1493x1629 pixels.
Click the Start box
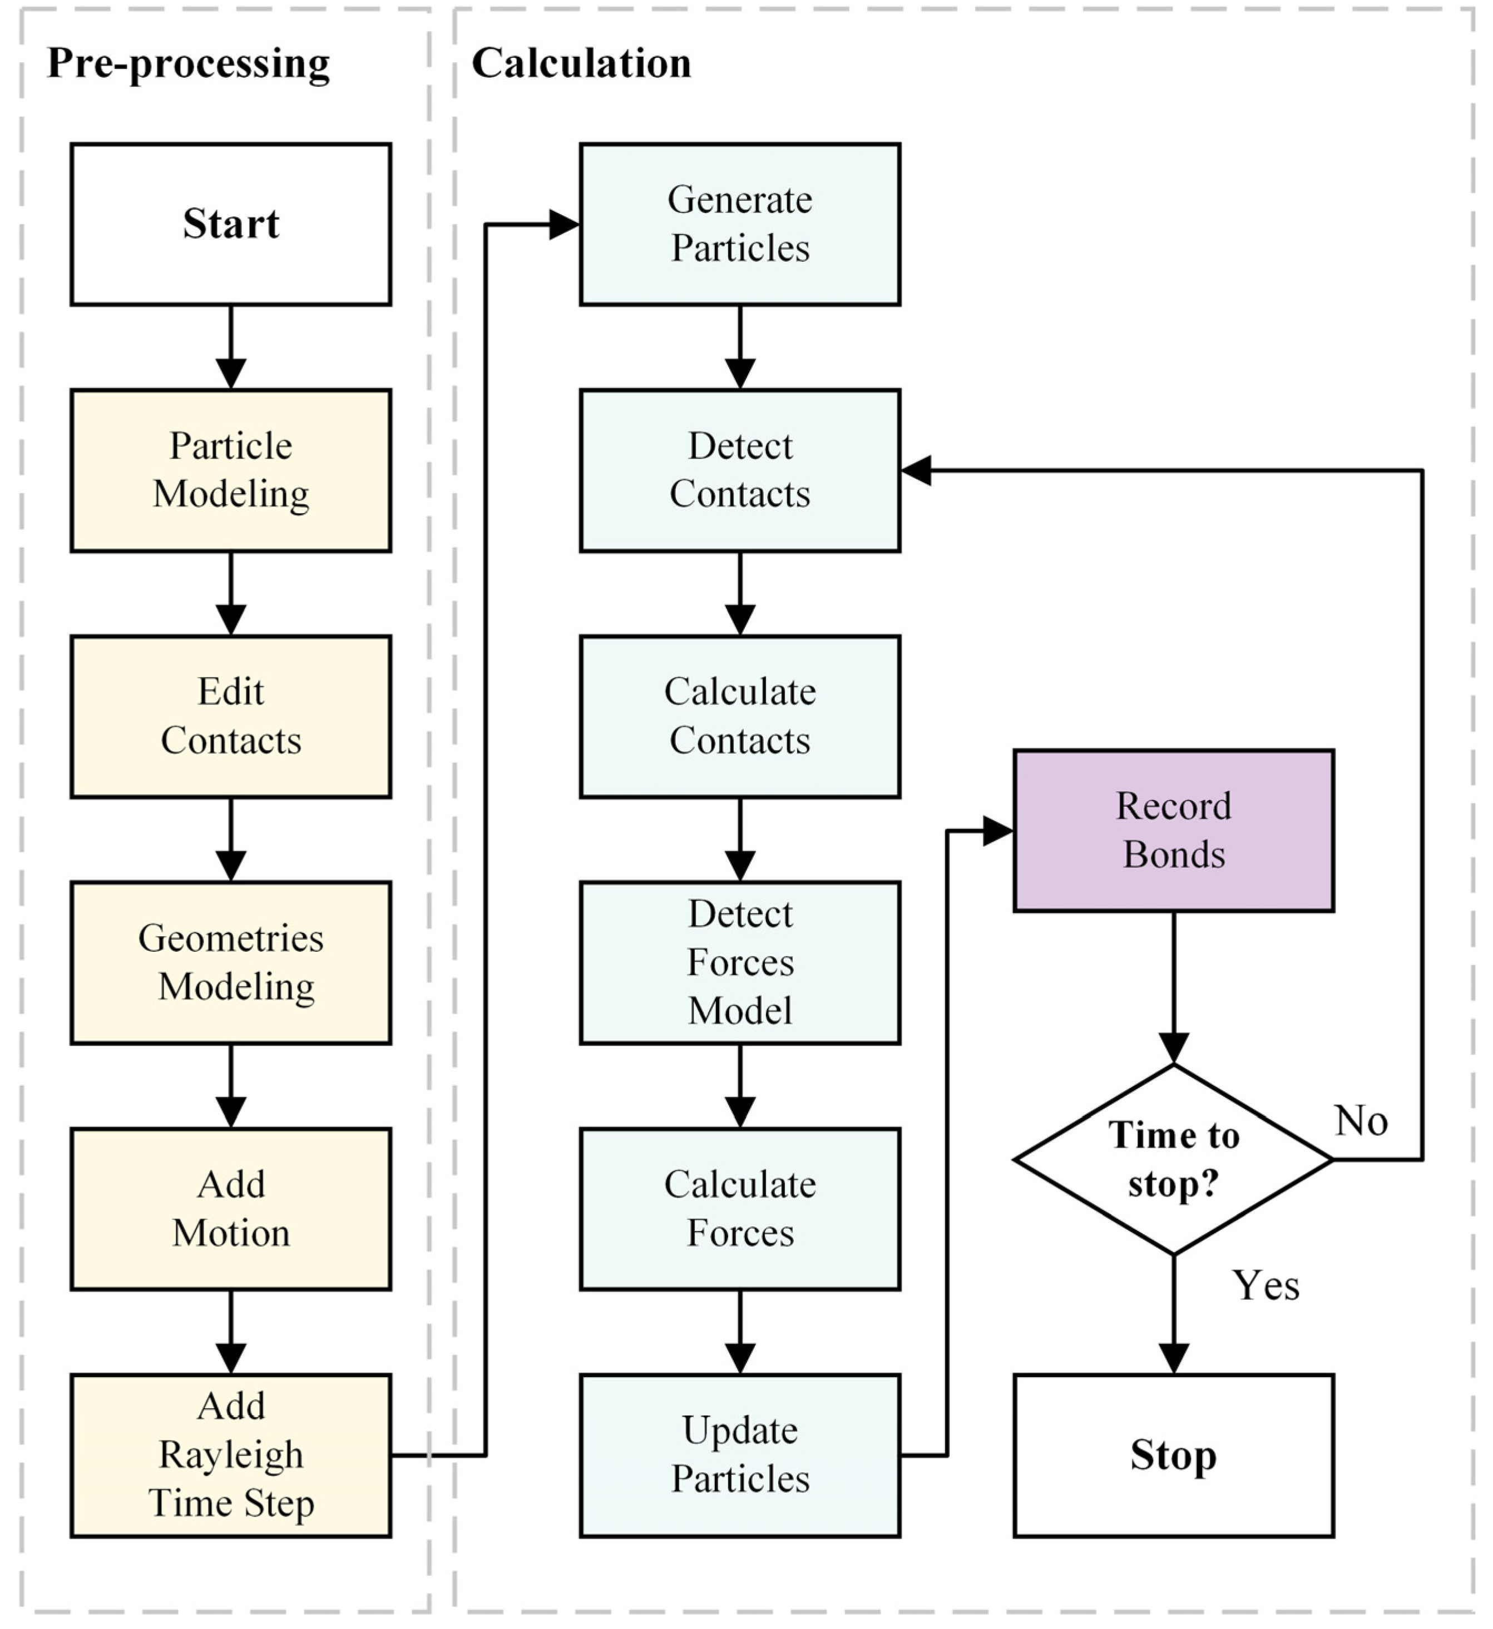click(x=231, y=225)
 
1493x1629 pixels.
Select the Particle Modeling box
click(x=231, y=471)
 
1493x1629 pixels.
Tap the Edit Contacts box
click(x=231, y=717)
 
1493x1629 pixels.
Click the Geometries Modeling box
click(x=231, y=963)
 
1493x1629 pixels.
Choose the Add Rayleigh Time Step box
click(x=231, y=1456)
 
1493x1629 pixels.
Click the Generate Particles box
click(x=740, y=225)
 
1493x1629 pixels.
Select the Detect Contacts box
click(x=740, y=471)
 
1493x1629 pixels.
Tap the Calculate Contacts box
click(x=740, y=717)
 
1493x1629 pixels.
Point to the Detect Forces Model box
click(x=740, y=963)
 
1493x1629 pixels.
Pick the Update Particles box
click(x=740, y=1456)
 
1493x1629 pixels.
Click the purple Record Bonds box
click(x=1174, y=831)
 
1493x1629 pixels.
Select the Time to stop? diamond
click(x=1174, y=1160)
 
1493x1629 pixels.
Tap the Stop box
click(x=1174, y=1456)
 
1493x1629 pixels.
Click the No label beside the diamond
click(x=1361, y=1121)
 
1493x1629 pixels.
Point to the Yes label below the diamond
click(x=1266, y=1285)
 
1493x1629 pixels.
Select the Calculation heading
click(x=581, y=63)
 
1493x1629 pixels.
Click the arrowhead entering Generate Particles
click(x=564, y=225)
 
